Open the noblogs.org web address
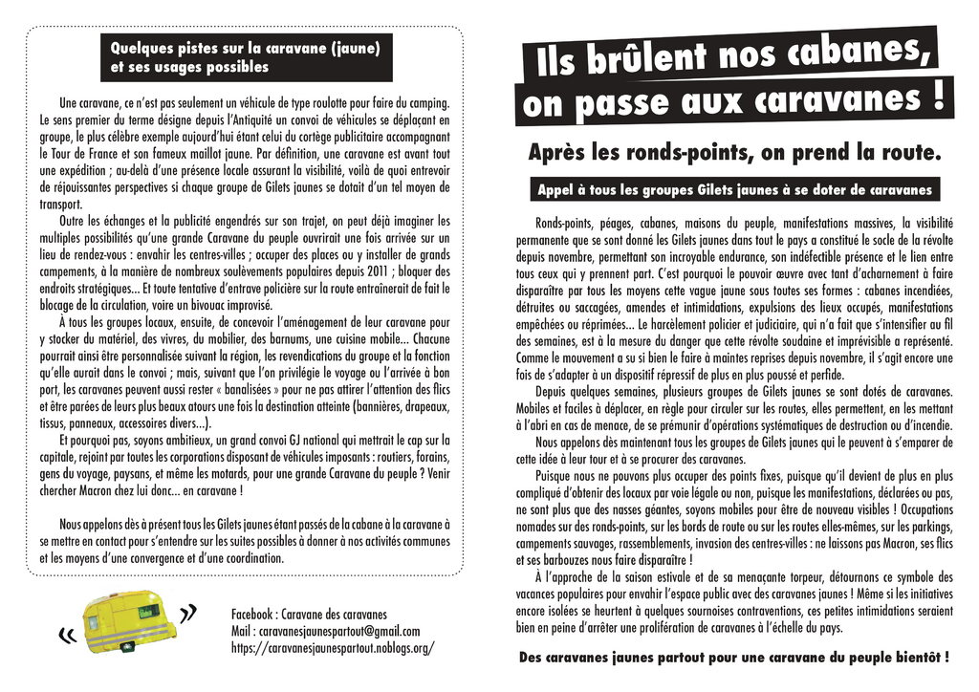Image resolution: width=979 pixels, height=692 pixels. click(x=333, y=647)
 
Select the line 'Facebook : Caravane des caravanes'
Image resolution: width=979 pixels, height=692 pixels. click(x=309, y=614)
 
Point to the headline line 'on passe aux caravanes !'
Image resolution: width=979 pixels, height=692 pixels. click(x=735, y=99)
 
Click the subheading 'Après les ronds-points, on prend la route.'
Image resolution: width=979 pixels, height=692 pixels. click(x=734, y=152)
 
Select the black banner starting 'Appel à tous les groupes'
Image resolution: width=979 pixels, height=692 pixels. click(x=734, y=189)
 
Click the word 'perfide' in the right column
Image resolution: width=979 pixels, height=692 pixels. click(x=820, y=375)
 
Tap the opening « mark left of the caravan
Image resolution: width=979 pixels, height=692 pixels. click(x=67, y=634)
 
